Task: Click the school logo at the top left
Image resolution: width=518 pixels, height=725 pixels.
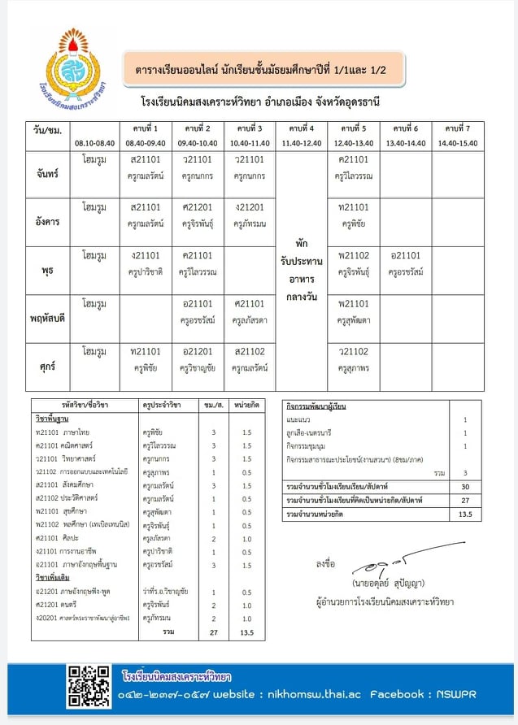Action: pos(68,67)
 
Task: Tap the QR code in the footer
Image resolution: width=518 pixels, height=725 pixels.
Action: pos(88,686)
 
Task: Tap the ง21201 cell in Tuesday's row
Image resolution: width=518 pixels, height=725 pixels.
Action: pos(249,207)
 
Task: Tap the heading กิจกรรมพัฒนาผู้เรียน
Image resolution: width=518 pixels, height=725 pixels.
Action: pos(317,405)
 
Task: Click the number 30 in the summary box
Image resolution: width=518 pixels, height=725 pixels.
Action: pos(465,486)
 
